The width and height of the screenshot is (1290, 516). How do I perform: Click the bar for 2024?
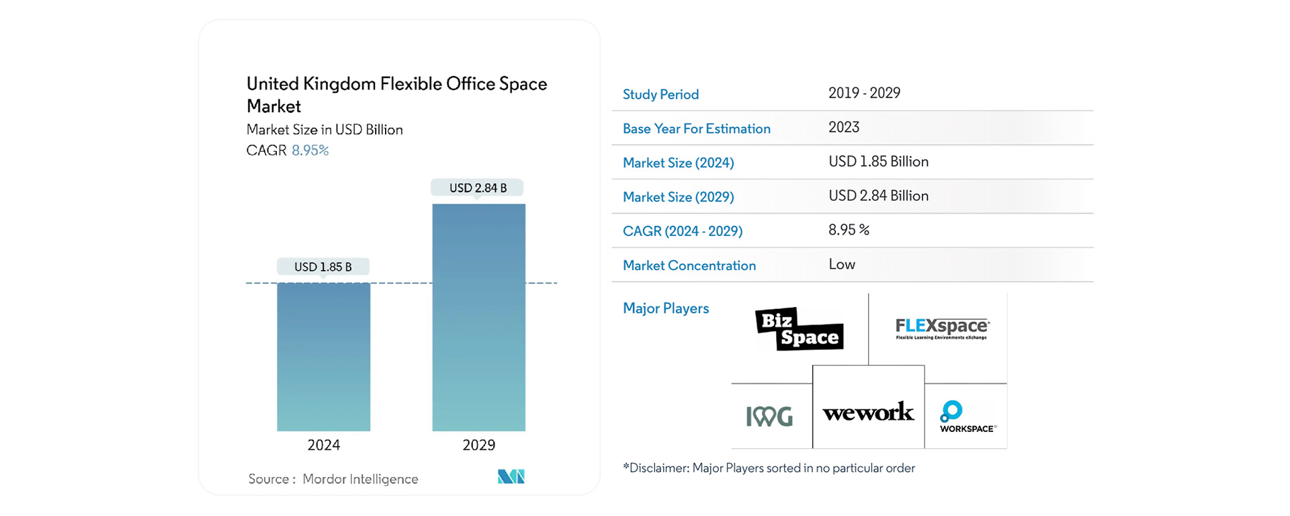point(323,357)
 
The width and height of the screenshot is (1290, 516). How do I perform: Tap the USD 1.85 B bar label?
point(323,267)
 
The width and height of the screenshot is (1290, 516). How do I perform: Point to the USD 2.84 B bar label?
point(478,188)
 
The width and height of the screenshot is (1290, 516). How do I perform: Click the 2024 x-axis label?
point(323,445)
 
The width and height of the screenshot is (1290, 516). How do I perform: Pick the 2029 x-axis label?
point(478,445)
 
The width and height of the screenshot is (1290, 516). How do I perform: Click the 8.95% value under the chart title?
point(310,150)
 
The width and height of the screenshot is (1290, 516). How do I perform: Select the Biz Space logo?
point(800,329)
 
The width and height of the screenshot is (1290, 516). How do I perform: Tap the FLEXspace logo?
point(942,329)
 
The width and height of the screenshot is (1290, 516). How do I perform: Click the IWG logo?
point(769,416)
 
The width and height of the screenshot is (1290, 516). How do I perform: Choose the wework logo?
point(868,412)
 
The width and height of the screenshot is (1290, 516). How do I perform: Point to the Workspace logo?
point(967,417)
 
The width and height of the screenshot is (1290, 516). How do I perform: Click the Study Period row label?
point(660,95)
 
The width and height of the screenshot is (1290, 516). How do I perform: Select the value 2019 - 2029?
point(864,93)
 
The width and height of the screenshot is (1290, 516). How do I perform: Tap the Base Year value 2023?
point(844,127)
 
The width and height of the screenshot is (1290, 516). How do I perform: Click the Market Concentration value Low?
point(842,264)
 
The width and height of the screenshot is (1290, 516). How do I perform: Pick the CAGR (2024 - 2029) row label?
point(682,231)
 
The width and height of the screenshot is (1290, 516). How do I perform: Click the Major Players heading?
point(665,308)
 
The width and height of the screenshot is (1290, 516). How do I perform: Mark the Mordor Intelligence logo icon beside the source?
point(511,476)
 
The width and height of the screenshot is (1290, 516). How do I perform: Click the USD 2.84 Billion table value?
point(878,196)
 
